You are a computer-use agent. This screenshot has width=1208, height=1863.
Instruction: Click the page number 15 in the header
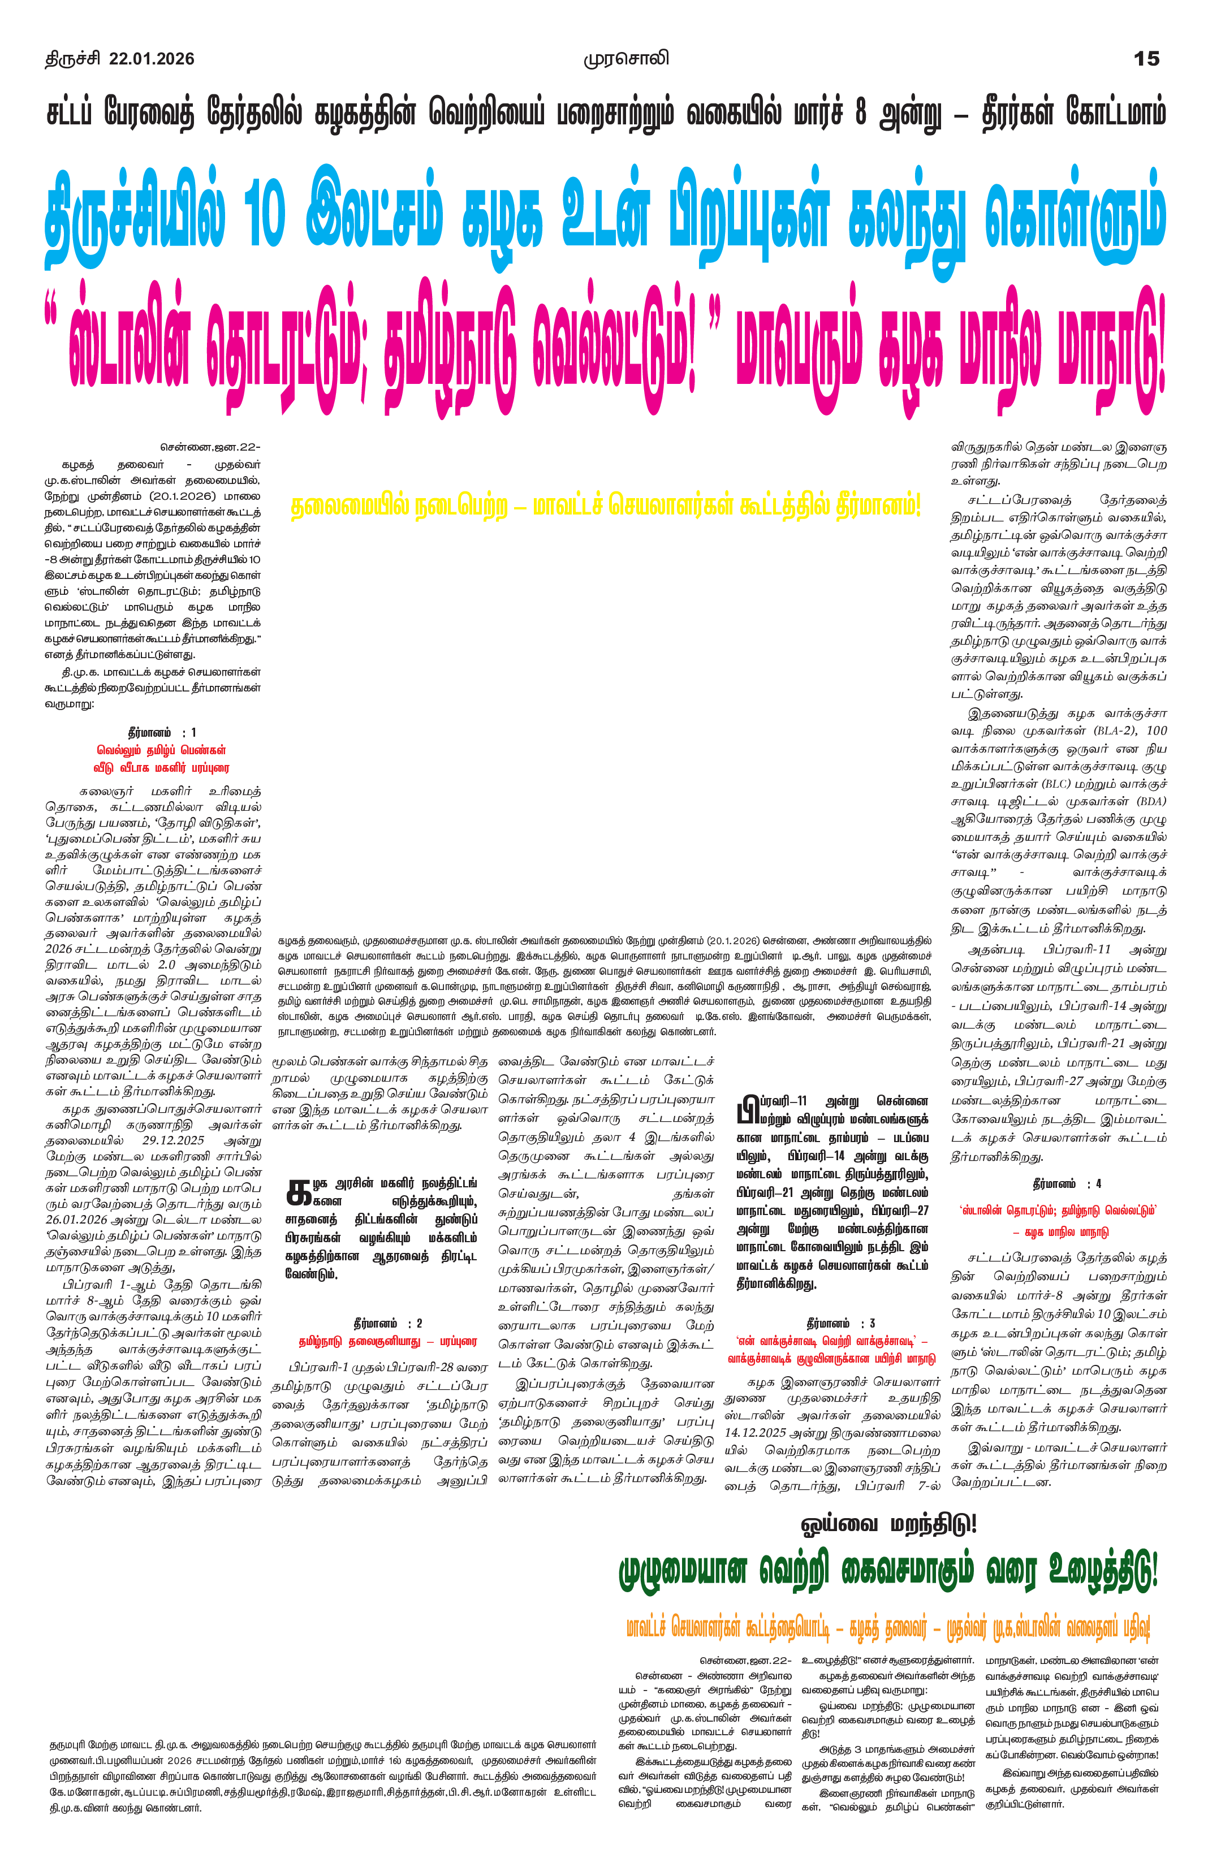point(1147,59)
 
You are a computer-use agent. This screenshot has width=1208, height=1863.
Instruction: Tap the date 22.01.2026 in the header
point(152,59)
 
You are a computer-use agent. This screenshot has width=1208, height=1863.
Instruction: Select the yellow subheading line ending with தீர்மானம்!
point(605,507)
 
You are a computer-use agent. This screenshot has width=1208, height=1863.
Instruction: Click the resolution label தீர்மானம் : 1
point(161,733)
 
